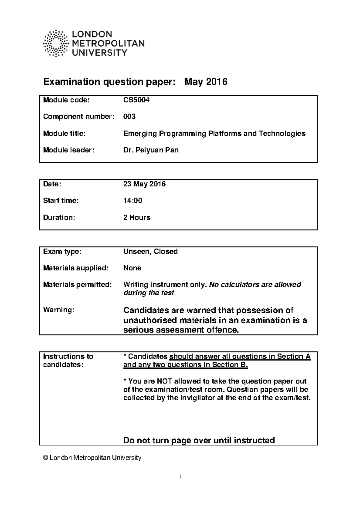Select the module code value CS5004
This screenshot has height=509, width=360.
point(136,100)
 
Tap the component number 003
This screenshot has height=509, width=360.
point(129,117)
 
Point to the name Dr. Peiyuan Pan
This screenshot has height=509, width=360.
point(151,150)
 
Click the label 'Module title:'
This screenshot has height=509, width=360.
point(64,133)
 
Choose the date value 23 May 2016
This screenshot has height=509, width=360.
point(144,184)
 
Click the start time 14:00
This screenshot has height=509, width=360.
point(133,201)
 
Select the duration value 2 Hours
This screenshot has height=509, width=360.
point(136,217)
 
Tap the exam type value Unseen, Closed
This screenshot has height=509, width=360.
point(150,252)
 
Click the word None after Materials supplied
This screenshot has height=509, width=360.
point(132,268)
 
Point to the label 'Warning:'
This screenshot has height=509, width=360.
point(58,310)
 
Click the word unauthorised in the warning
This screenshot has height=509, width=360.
point(150,320)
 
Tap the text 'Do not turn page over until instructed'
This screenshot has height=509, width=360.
point(199,440)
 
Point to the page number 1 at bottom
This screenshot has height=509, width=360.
point(180,477)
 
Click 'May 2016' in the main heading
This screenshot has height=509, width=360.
point(205,82)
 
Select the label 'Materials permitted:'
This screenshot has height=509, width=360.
point(77,284)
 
